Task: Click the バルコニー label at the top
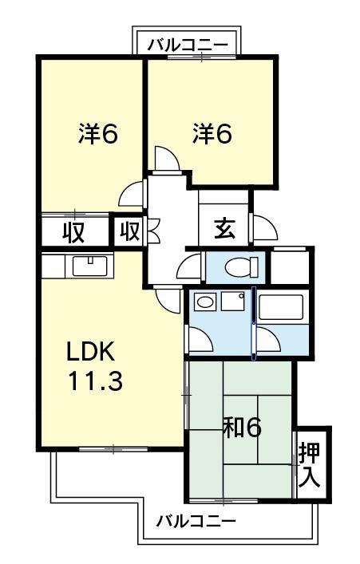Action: [188, 44]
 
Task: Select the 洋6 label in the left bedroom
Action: [98, 134]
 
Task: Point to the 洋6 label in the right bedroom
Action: [212, 134]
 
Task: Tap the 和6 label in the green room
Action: [243, 429]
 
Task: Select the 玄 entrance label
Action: [224, 229]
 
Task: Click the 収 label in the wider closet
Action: [75, 232]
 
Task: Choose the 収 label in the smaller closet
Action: [129, 232]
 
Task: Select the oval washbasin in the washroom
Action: [204, 302]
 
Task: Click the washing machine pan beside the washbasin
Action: [234, 302]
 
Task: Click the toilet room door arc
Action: [191, 266]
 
